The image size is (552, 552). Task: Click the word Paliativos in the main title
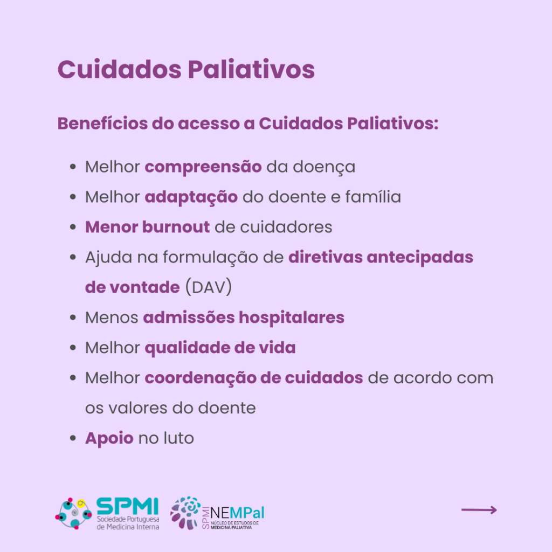click(x=251, y=70)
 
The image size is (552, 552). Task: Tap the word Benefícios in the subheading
click(x=102, y=123)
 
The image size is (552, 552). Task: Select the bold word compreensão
click(x=203, y=167)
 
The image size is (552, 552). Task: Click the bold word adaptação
click(x=191, y=197)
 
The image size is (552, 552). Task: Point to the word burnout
click(x=176, y=227)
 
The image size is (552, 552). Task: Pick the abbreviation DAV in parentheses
click(x=209, y=287)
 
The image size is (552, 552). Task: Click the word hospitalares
click(x=292, y=318)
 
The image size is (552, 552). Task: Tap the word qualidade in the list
click(x=187, y=348)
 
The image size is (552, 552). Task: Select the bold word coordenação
click(x=201, y=378)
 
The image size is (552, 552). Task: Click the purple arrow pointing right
click(x=479, y=510)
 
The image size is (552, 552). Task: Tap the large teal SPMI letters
click(x=127, y=506)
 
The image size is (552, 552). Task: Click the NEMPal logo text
click(x=237, y=513)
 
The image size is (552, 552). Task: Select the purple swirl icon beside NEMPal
click(x=185, y=513)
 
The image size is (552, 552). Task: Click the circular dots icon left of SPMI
click(x=73, y=513)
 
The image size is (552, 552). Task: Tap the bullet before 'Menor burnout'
click(x=73, y=227)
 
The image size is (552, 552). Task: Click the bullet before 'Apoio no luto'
click(x=73, y=438)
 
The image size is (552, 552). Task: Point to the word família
click(x=373, y=197)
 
